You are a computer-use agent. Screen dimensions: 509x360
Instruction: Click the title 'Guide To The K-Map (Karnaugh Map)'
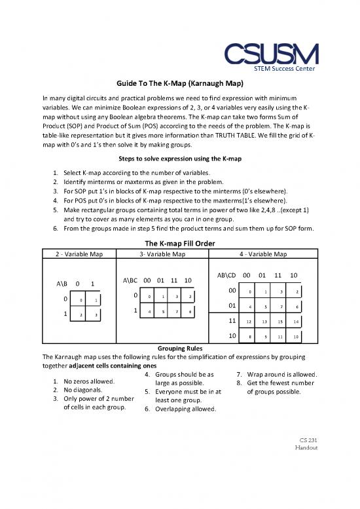point(179,85)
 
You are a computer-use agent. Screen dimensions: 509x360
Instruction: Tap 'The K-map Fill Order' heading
point(179,240)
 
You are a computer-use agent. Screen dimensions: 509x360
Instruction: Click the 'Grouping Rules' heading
point(179,349)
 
